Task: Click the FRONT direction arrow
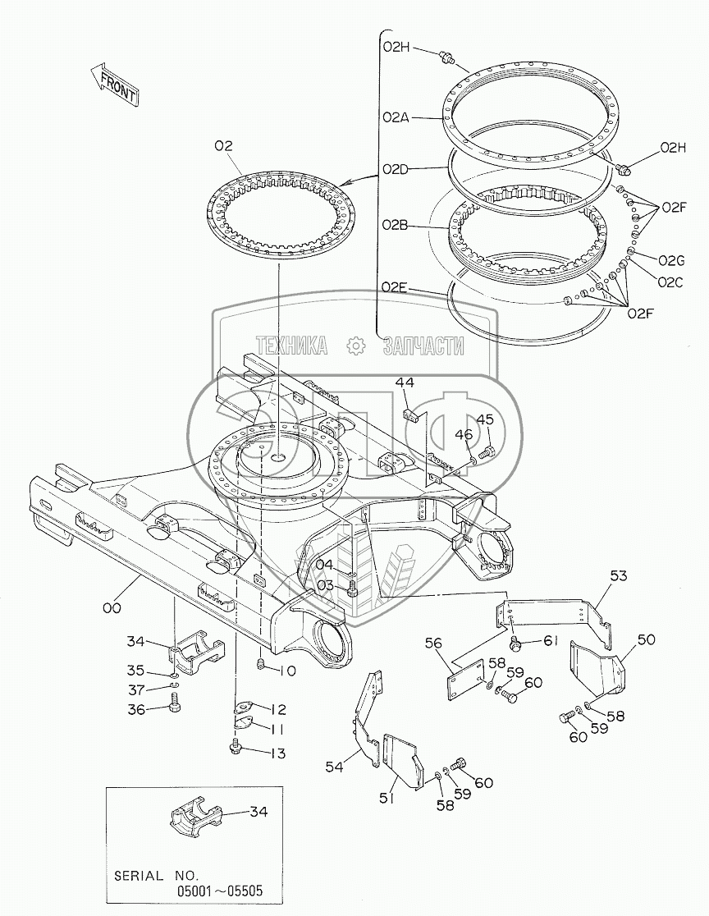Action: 115,84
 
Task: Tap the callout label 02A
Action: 396,117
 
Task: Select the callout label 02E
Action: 395,286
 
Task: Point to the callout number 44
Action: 405,382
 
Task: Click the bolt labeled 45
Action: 486,451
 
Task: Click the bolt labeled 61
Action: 516,644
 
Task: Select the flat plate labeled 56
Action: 465,680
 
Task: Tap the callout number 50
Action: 646,639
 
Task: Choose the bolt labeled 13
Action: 237,745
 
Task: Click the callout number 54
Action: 335,767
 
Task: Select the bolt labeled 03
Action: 352,590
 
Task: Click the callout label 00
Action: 112,608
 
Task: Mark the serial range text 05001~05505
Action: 220,891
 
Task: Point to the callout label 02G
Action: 671,260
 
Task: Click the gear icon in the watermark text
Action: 355,346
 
